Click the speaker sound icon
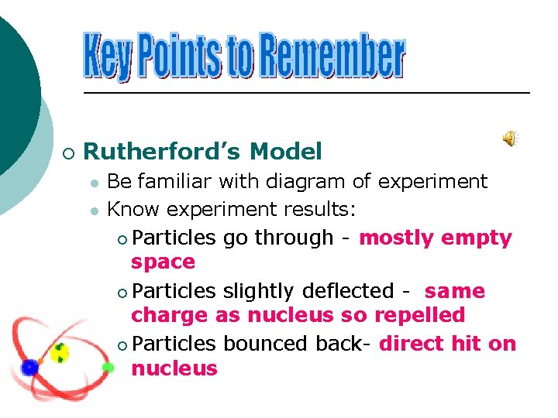point(511,139)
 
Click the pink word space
point(163,262)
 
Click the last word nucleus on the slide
point(174,368)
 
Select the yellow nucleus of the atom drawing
point(60,354)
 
